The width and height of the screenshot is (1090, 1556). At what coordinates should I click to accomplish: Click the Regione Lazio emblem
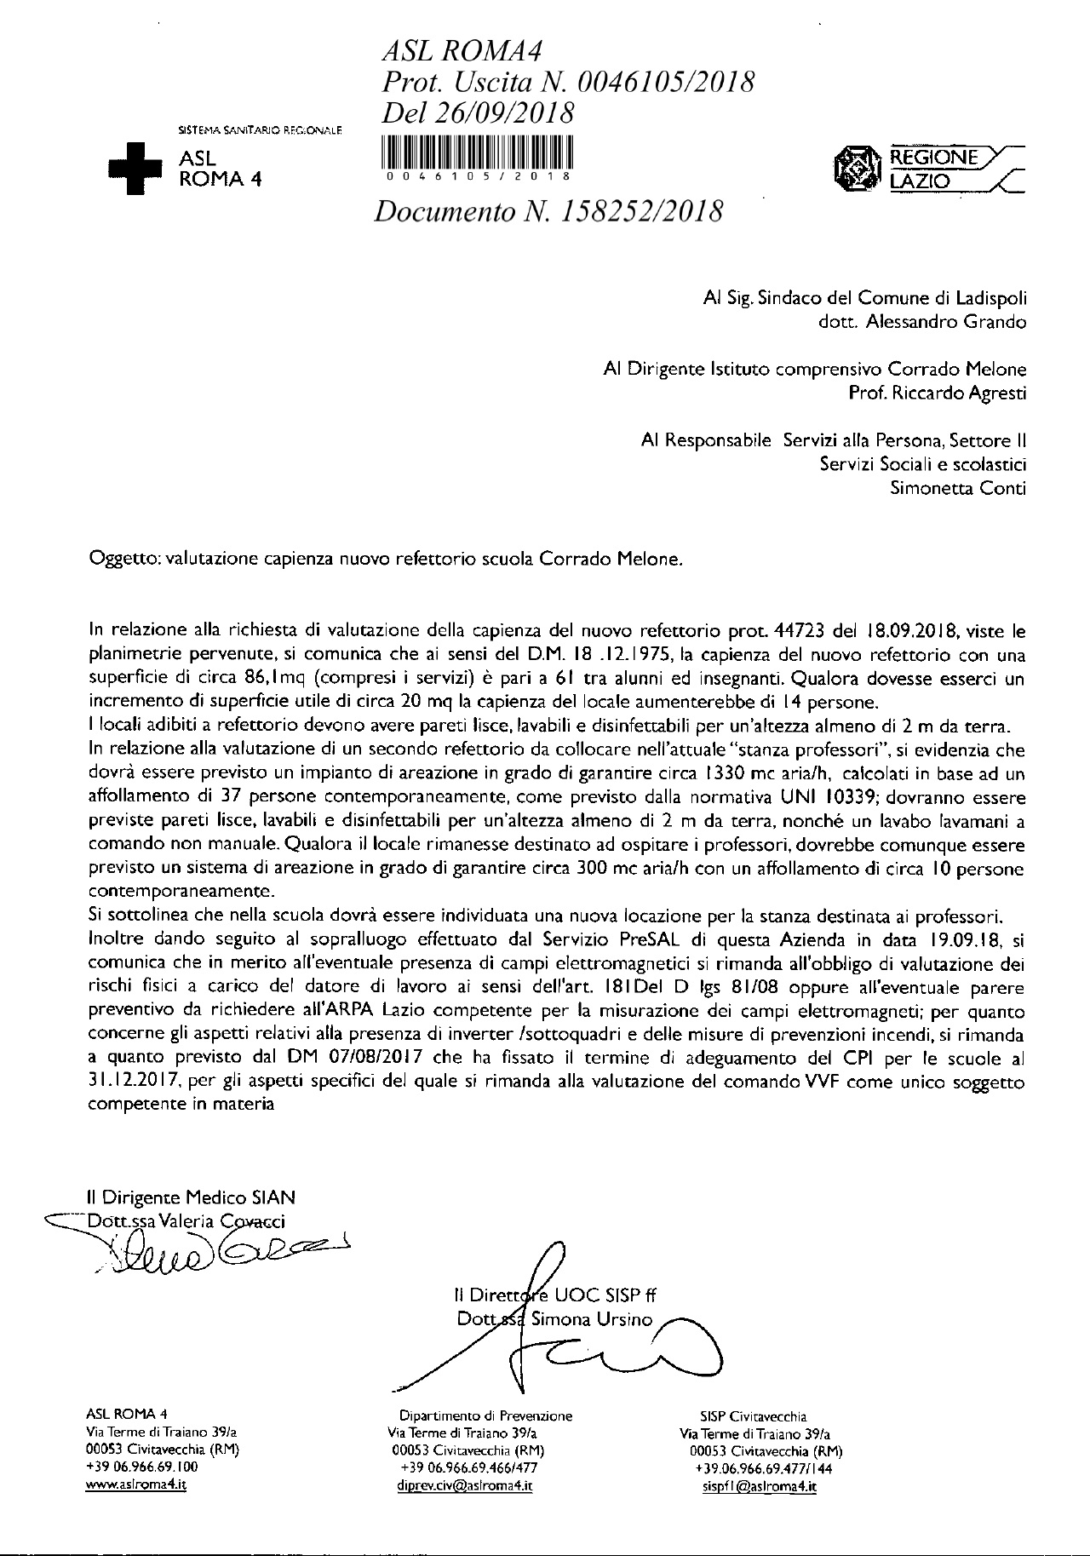(857, 168)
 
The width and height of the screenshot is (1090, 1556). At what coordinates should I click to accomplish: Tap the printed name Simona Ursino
(591, 1320)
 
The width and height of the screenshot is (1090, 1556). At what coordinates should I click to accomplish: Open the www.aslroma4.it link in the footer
(137, 1485)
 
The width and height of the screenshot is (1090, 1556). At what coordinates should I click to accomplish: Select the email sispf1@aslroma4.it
(756, 1486)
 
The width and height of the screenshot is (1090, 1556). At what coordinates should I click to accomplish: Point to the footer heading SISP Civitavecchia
(754, 1417)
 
